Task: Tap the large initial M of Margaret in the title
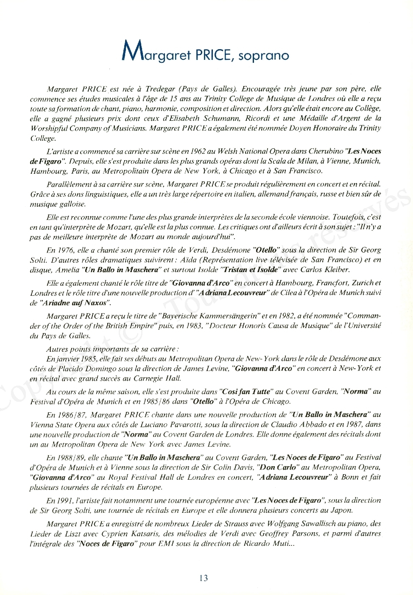click(x=132, y=51)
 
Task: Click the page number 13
click(x=204, y=578)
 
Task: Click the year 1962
click(x=198, y=151)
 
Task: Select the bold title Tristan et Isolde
click(x=250, y=270)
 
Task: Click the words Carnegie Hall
click(x=157, y=378)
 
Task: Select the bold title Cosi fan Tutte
click(x=246, y=392)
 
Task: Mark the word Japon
click(x=342, y=511)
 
